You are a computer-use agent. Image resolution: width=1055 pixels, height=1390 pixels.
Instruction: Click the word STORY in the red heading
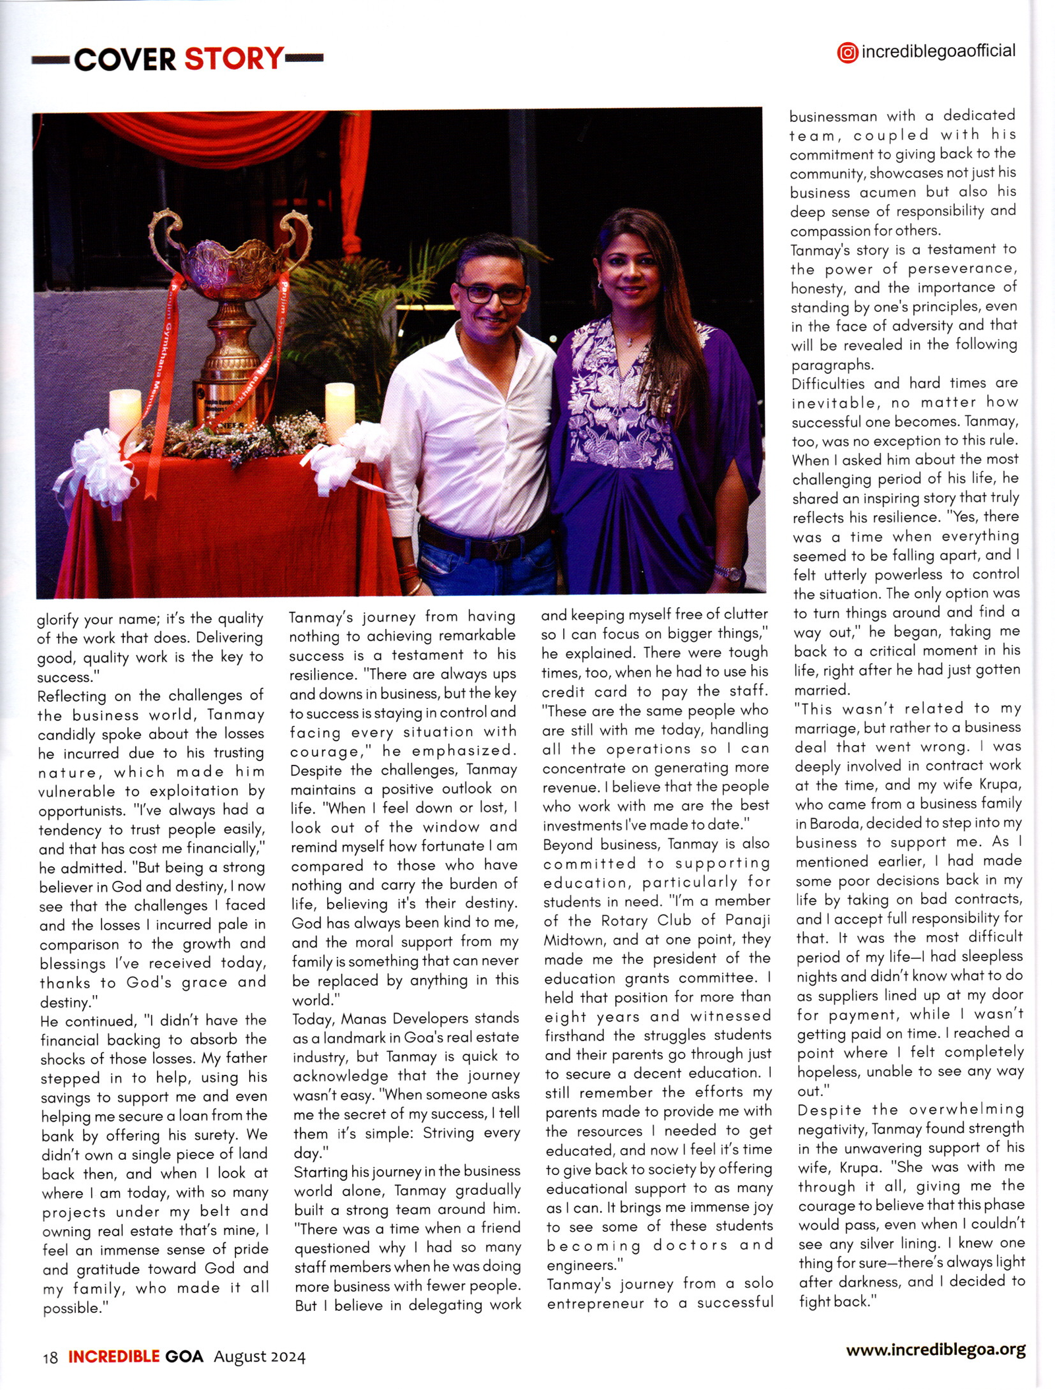click(234, 59)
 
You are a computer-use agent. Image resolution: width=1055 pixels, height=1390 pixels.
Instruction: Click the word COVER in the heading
click(125, 60)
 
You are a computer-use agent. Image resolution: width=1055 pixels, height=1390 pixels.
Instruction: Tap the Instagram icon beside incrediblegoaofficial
click(847, 53)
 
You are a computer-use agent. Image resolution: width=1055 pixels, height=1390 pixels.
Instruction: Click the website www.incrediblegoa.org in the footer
click(936, 1349)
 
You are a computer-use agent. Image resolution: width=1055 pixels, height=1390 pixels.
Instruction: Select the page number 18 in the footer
click(50, 1357)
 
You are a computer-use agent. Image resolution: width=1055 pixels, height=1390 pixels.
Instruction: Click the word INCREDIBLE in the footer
click(113, 1356)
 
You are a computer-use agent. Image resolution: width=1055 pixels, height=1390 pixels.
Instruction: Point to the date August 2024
click(260, 1356)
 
